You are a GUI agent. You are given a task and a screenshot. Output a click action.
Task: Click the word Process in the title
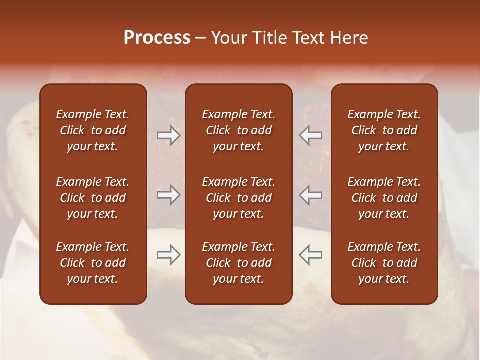pyautogui.click(x=157, y=38)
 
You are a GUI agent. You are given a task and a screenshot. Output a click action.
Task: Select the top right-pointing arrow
pyautogui.click(x=169, y=135)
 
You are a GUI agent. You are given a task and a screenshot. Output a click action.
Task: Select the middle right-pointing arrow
pyautogui.click(x=169, y=195)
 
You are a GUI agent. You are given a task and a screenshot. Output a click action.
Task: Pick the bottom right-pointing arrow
pyautogui.click(x=169, y=255)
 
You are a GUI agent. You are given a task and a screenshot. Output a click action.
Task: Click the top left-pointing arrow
pyautogui.click(x=311, y=135)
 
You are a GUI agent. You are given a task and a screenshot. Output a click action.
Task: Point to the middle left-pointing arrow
pyautogui.click(x=311, y=195)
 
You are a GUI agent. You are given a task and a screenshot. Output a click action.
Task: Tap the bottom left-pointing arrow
pyautogui.click(x=311, y=255)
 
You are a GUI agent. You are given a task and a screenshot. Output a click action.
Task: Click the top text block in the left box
pyautogui.click(x=93, y=130)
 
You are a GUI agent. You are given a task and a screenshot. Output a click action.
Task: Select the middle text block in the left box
pyautogui.click(x=93, y=198)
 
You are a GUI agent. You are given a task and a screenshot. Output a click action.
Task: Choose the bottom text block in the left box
pyautogui.click(x=93, y=263)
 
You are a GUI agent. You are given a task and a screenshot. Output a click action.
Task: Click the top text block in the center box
pyautogui.click(x=238, y=130)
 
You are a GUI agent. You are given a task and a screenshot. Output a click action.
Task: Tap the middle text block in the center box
pyautogui.click(x=238, y=198)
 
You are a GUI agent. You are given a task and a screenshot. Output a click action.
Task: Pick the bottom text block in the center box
pyautogui.click(x=238, y=263)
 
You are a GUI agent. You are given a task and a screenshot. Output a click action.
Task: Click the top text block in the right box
pyautogui.click(x=384, y=130)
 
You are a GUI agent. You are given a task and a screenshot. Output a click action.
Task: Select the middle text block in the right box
pyautogui.click(x=384, y=198)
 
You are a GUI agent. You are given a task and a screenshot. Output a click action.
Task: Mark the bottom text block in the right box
pyautogui.click(x=384, y=263)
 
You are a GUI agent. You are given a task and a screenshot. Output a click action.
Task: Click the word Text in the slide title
pyautogui.click(x=307, y=38)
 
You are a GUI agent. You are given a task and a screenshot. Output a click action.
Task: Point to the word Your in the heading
pyautogui.click(x=229, y=38)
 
